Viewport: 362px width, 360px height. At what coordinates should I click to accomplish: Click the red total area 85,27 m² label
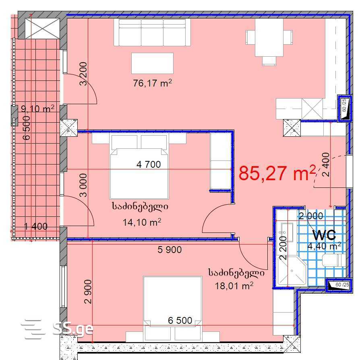277,173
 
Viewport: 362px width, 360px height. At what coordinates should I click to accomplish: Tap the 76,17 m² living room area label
152,83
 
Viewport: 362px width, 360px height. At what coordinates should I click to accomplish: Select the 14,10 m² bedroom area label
142,222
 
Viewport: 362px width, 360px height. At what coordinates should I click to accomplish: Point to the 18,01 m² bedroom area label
234,286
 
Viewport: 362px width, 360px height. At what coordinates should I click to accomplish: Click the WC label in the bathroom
324,235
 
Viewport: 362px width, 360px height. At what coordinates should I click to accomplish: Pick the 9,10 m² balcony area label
38,108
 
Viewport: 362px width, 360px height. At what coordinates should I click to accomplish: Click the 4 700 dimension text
149,165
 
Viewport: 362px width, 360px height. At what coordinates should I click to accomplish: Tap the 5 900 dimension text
170,249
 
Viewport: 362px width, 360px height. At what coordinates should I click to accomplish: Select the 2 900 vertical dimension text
88,292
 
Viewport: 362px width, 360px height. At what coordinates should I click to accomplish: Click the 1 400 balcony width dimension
36,226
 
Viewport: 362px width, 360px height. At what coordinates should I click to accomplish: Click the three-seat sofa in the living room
152,33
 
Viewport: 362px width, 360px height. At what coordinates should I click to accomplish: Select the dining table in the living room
269,37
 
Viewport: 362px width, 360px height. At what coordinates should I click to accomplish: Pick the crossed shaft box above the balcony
42,29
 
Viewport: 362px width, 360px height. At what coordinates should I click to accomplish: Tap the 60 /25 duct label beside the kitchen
344,105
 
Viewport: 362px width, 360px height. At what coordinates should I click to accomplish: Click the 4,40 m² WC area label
325,246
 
